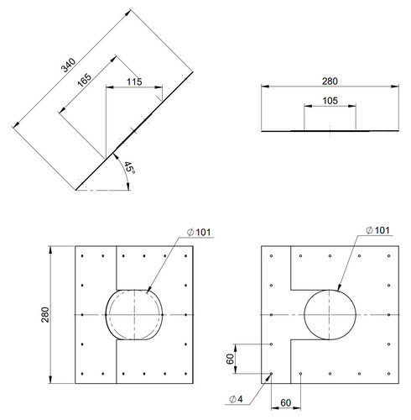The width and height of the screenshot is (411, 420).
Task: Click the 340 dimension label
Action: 69,66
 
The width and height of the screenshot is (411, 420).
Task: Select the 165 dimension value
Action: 85,80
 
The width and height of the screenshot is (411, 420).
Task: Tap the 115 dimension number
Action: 134,81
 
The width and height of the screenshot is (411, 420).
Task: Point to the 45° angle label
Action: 129,167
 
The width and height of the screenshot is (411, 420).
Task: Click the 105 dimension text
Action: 330,101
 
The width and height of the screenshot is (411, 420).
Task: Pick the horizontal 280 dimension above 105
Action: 330,81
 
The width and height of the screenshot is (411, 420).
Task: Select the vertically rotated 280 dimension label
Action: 45,315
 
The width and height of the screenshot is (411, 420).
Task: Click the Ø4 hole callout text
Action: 237,399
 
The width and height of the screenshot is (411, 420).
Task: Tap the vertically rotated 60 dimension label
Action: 230,359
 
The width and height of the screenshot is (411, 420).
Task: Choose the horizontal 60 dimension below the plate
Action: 286,403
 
